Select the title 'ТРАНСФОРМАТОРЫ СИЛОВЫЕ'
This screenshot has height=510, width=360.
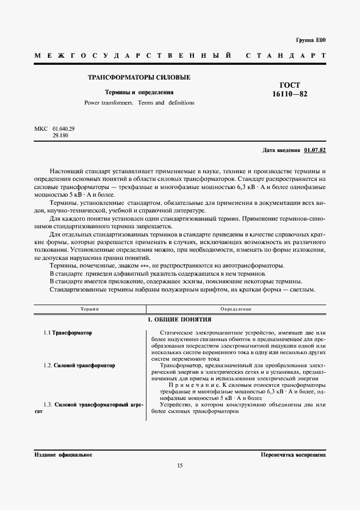[x=139, y=77]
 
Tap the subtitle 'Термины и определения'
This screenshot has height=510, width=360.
[x=139, y=93]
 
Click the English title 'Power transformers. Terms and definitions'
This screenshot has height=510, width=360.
[x=139, y=102]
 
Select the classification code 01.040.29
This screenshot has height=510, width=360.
[x=64, y=129]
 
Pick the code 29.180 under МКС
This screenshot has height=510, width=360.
[x=60, y=135]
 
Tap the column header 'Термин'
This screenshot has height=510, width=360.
[x=89, y=309]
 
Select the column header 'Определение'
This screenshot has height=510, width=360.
[x=236, y=309]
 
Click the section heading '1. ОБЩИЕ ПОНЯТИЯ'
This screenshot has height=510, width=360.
[x=179, y=319]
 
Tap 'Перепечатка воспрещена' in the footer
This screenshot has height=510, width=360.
[x=293, y=454]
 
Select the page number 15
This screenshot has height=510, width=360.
[x=180, y=465]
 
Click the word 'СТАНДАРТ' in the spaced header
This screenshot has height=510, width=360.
[x=285, y=56]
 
